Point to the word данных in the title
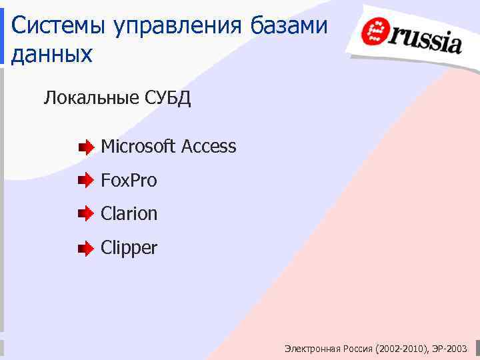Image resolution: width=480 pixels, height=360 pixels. coord(52,55)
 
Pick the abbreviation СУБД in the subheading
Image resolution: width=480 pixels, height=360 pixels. coord(167,99)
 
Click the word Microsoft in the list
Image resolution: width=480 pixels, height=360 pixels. coord(138,146)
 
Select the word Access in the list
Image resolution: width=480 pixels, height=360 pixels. coord(209,146)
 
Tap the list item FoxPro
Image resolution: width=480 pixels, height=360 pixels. coord(129,180)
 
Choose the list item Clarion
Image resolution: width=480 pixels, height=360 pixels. coord(129,213)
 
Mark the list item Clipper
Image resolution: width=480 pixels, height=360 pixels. coord(129,248)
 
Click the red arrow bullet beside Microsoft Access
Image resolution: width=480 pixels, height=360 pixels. coord(86,147)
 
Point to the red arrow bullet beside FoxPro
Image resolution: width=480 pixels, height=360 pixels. coord(86,180)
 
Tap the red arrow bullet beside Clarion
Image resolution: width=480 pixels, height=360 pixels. coord(86,214)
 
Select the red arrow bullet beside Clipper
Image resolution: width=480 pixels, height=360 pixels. coord(86,249)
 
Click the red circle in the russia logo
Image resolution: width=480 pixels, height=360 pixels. coord(376,31)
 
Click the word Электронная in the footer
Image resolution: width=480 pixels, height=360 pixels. coord(312,349)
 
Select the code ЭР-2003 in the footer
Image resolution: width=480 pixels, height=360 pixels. coord(450,349)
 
